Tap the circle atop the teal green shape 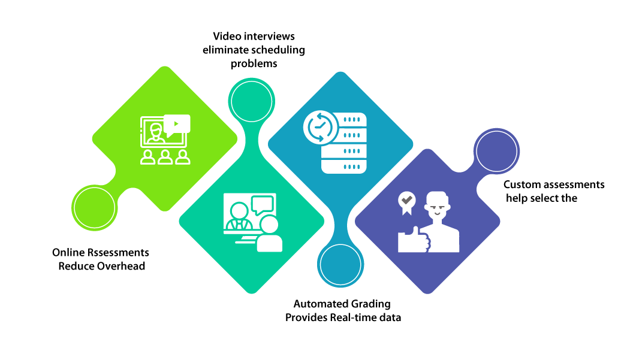[x=252, y=102]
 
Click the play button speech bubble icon [x=176, y=124]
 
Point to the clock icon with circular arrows [x=318, y=127]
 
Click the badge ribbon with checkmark [x=406, y=202]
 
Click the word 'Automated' [x=317, y=304]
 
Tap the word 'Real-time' [x=354, y=317]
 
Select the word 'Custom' [x=522, y=184]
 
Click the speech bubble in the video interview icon [x=262, y=204]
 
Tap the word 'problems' [x=254, y=63]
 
